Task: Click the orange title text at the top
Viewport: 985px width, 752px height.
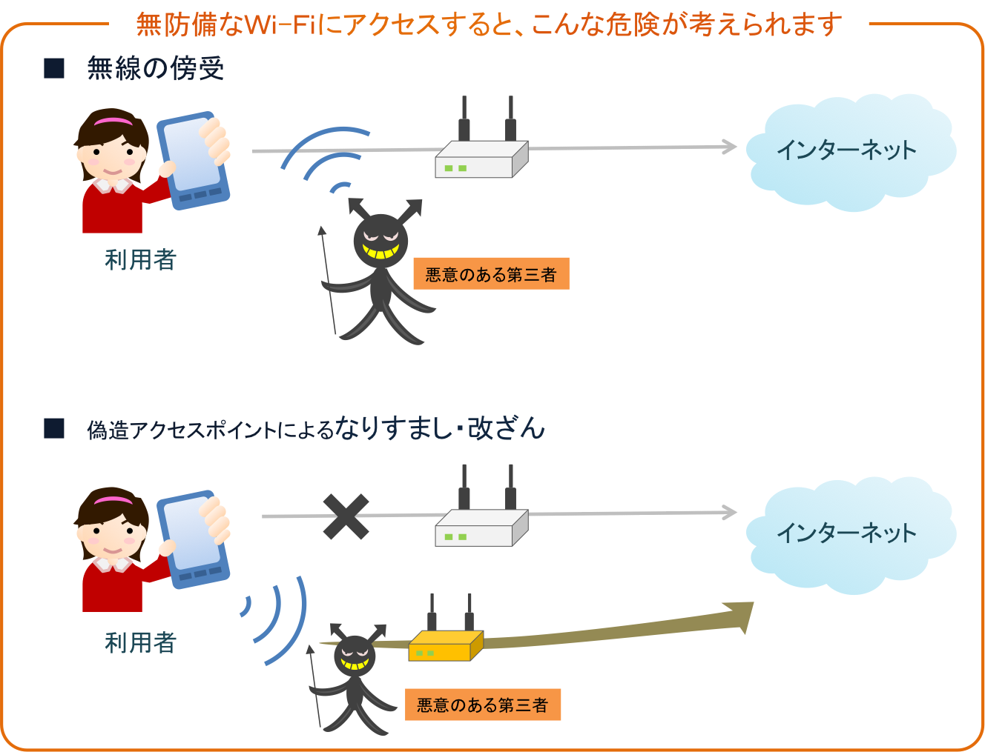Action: tap(489, 24)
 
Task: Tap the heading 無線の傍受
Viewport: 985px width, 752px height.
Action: tap(155, 69)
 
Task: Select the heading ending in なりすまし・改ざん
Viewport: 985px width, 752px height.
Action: tap(316, 429)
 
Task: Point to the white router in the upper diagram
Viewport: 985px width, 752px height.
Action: tap(481, 157)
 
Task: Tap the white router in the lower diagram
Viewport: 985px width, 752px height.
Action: tap(481, 526)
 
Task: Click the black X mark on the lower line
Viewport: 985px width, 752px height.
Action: tap(346, 516)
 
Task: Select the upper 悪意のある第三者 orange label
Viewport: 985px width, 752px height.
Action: tap(491, 274)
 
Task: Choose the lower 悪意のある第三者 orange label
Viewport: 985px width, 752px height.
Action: tap(483, 705)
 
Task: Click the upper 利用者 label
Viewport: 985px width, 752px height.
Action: tap(140, 260)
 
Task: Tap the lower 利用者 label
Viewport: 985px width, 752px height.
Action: tap(140, 642)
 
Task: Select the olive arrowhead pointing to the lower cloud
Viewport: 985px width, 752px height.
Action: tap(739, 617)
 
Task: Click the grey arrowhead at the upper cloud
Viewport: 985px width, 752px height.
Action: tap(730, 147)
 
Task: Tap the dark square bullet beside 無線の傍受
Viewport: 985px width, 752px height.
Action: tap(54, 68)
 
